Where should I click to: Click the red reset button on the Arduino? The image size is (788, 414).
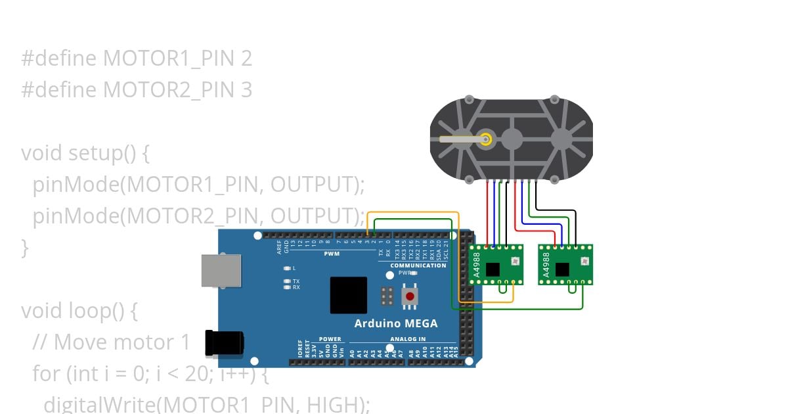410,296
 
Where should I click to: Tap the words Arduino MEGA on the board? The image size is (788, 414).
395,323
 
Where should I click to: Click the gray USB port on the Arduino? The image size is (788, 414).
221,270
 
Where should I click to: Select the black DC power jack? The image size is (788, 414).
224,343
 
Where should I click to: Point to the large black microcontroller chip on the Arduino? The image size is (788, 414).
349,295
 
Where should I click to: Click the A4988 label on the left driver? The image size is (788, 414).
477,264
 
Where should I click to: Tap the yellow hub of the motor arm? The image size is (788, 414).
486,139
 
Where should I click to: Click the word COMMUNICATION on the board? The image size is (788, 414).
418,265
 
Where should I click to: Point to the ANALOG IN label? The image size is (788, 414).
408,340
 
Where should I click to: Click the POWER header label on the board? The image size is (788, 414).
330,340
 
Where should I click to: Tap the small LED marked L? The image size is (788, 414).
287,268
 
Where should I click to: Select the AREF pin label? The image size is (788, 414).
279,247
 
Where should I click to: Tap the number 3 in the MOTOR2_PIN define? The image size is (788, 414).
246,89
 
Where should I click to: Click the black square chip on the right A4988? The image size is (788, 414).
562,269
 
